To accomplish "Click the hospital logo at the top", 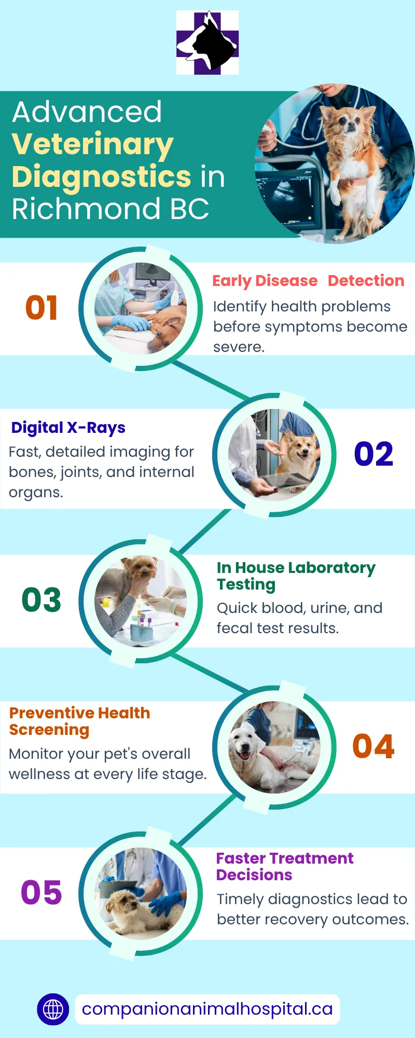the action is click(208, 43).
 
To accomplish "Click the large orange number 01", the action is click(41, 308).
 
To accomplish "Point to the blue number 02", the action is click(374, 454).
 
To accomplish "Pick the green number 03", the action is click(41, 600).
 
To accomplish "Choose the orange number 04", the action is click(374, 746).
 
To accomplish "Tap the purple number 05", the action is click(41, 893).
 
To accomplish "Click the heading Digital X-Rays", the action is click(68, 428).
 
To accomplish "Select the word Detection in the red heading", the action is click(366, 281).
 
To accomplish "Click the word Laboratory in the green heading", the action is click(331, 568).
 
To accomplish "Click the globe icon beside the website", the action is click(53, 1009).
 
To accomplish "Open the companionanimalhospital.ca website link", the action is click(208, 1009).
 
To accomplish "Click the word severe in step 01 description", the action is click(239, 347).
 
